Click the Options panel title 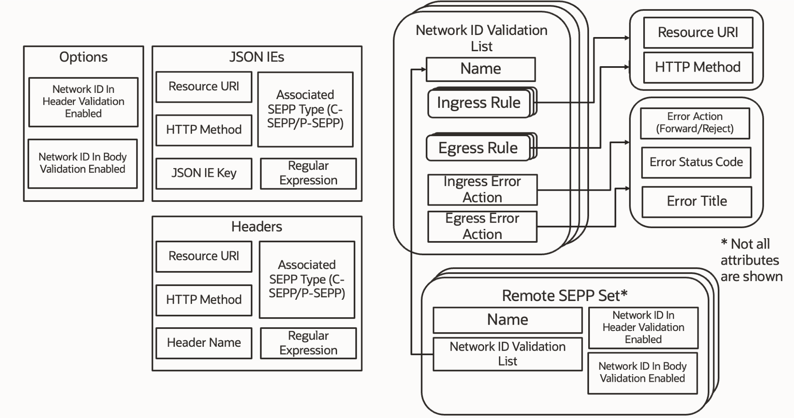(x=83, y=57)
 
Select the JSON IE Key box (x=204, y=173)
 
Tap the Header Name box (x=204, y=343)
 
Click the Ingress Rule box (x=479, y=103)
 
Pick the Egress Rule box (x=478, y=148)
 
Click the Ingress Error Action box (x=482, y=189)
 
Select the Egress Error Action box (x=482, y=226)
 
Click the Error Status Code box (x=696, y=162)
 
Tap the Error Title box (x=697, y=202)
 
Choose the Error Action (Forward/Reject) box (x=695, y=123)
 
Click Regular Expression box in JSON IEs (x=308, y=173)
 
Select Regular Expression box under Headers (x=308, y=343)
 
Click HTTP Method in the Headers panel (x=204, y=300)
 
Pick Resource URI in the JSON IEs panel (x=204, y=87)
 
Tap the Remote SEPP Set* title (x=564, y=296)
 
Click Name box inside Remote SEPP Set (x=507, y=320)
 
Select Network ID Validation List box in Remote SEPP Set (x=507, y=354)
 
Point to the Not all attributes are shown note (x=751, y=260)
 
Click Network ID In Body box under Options (x=82, y=163)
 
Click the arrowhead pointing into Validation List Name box (x=424, y=69)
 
